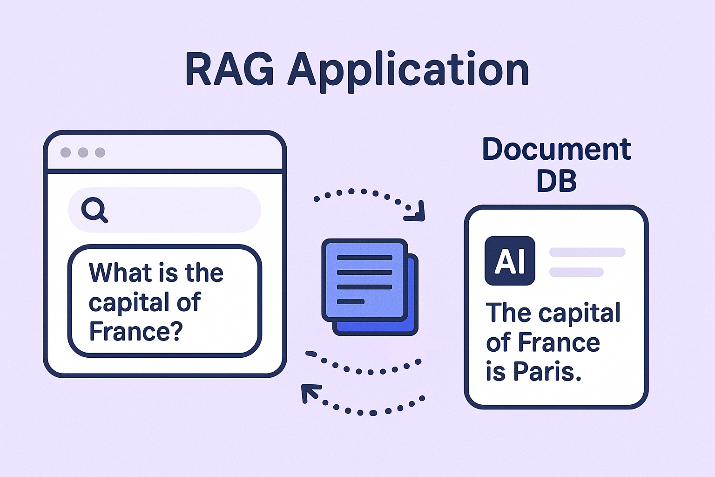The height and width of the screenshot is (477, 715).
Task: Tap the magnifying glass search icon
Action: coord(94,210)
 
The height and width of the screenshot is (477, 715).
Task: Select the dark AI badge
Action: coord(510,261)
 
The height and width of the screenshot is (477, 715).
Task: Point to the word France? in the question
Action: coord(136,331)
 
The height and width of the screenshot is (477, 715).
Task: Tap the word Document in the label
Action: coord(557,149)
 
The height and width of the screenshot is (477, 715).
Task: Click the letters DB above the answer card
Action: coord(557,181)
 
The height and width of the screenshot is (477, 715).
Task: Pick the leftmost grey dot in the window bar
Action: coord(66,152)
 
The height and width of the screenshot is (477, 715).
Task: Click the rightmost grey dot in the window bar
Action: coord(100,152)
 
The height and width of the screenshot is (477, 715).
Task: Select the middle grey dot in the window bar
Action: coord(83,152)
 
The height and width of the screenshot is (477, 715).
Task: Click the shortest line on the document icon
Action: coord(351,301)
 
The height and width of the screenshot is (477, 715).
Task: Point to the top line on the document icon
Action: coord(364,258)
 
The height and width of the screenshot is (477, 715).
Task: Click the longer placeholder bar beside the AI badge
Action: coord(587,252)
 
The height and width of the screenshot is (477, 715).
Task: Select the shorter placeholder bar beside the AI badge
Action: coord(576,272)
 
